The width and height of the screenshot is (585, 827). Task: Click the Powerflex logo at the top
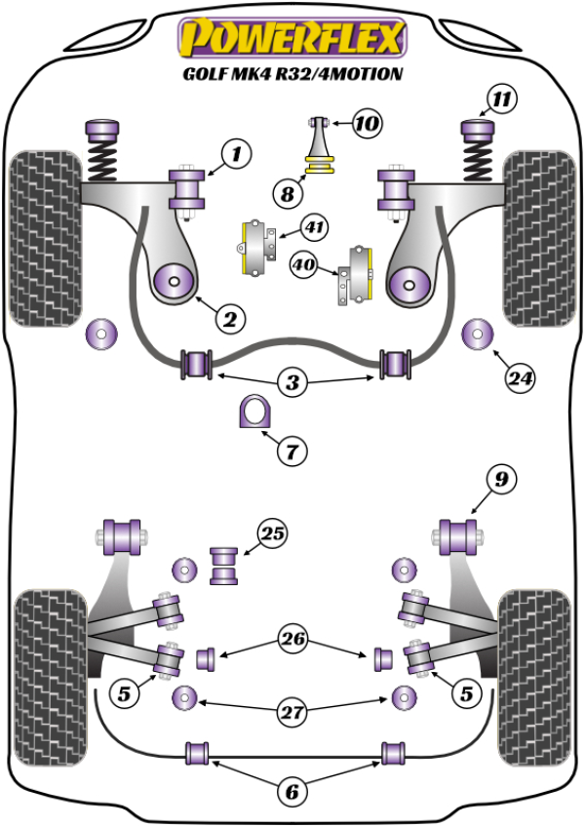(292, 40)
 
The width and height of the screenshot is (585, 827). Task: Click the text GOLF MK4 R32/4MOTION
(292, 75)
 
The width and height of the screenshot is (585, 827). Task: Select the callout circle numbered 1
(235, 153)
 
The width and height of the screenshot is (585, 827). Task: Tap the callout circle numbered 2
(230, 318)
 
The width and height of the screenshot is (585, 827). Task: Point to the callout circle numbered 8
(288, 195)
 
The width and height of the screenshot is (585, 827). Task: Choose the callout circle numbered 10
(368, 124)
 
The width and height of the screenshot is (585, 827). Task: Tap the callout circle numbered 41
(314, 229)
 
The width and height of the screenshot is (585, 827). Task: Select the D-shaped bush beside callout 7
(253, 414)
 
